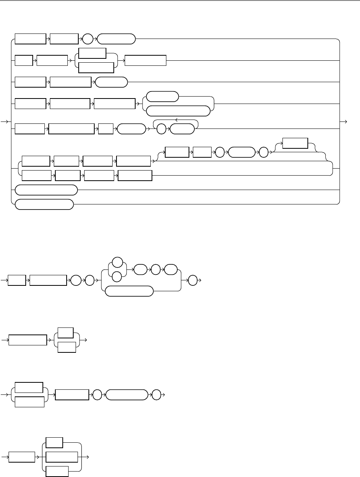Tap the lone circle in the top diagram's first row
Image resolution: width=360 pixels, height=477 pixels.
87,39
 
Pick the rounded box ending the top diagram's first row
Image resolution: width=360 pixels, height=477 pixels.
116,39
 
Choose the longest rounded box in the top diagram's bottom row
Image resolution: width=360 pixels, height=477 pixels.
46,190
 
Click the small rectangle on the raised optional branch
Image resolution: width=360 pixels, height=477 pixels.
295,143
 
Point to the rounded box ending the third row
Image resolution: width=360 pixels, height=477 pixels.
111,82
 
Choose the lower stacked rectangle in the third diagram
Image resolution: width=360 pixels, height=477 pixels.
67,346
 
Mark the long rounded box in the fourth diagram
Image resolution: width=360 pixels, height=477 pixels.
127,394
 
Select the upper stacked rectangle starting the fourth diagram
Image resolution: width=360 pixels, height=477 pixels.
28,388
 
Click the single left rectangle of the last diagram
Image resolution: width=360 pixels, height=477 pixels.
22,456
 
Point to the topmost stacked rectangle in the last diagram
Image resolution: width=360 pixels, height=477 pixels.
55,442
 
